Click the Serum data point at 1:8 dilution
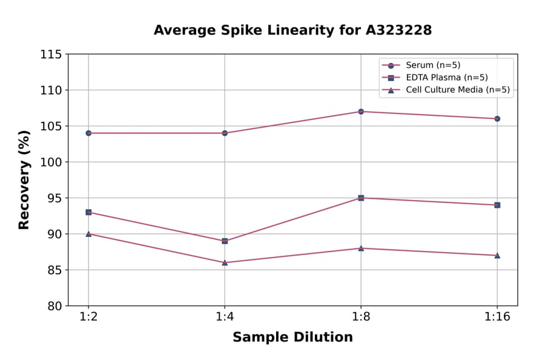coord(361,112)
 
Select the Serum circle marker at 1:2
coord(88,133)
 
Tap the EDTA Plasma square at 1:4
coord(225,241)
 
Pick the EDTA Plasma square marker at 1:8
coord(361,198)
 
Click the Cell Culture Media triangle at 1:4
coord(225,262)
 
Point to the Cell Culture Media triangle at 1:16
coord(497,255)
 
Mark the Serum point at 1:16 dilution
coord(497,119)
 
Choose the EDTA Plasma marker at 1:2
coord(88,212)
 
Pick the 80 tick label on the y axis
coord(54,306)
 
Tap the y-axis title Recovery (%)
coord(24,180)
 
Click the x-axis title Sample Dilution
coord(292,338)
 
